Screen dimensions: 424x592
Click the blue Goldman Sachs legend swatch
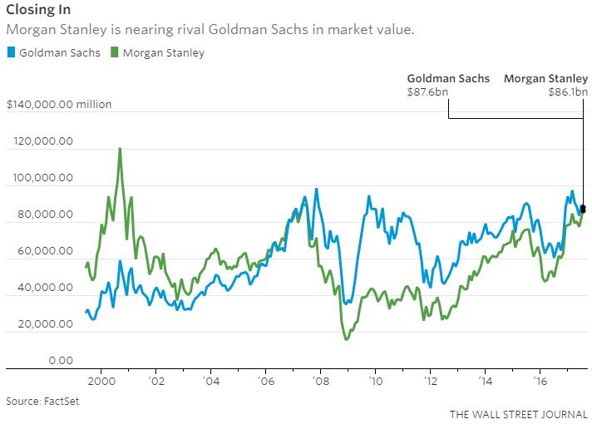[x=10, y=53]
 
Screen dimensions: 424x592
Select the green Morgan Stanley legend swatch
[x=116, y=53]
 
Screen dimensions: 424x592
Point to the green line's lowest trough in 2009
[x=346, y=338]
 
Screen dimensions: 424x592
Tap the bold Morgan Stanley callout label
[x=546, y=78]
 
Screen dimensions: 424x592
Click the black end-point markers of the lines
[x=584, y=209]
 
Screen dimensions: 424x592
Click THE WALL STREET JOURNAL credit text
[x=518, y=413]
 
